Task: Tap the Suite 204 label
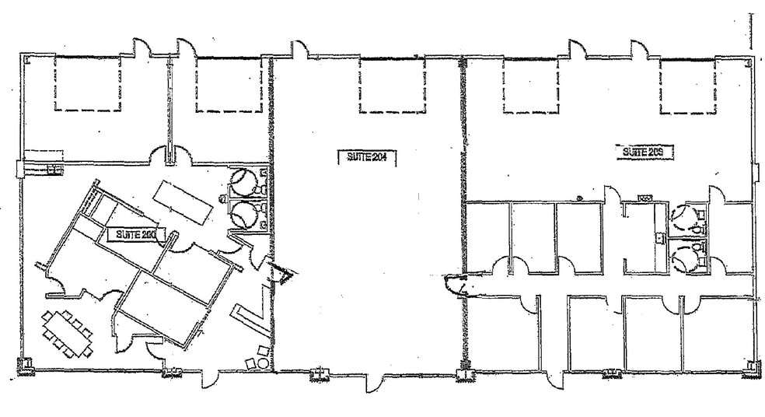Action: coord(367,156)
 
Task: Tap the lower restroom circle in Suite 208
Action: coord(684,254)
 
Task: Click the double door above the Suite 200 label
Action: coord(170,154)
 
